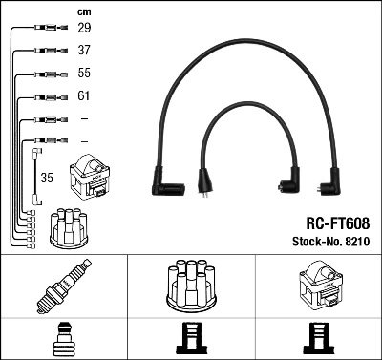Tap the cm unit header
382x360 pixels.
point(82,11)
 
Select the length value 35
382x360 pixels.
point(46,177)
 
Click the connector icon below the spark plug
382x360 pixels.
point(63,339)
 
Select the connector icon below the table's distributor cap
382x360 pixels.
point(190,339)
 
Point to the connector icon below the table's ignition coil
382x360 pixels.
point(317,339)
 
